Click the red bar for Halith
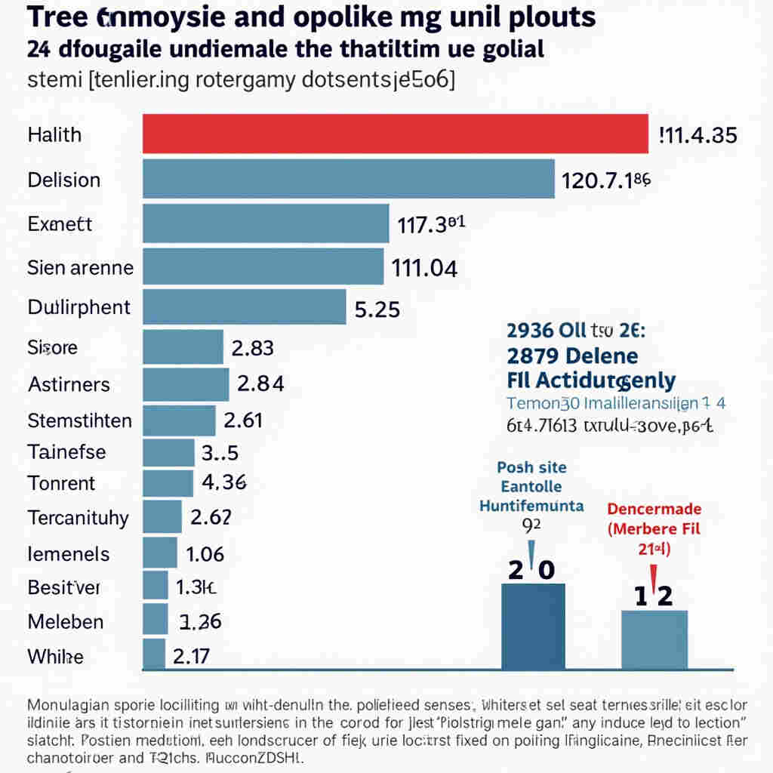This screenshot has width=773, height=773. (396, 134)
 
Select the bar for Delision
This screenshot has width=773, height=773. (349, 180)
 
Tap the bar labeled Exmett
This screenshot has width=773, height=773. (266, 223)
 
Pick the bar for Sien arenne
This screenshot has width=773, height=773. (263, 267)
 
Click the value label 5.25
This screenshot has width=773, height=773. (377, 309)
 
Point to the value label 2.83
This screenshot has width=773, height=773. (252, 348)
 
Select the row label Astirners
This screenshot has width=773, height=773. (69, 384)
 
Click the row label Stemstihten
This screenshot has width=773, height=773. (79, 420)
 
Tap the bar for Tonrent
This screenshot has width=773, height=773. (168, 482)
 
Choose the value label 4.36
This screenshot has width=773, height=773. (225, 482)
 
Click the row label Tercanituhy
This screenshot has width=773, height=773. (78, 519)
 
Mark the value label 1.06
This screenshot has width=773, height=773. (205, 554)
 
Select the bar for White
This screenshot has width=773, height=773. (154, 654)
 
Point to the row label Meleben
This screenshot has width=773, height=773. (66, 622)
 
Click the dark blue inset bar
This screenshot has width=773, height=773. (533, 626)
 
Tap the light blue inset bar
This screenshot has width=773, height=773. (654, 639)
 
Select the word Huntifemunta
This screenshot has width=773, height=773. (531, 506)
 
